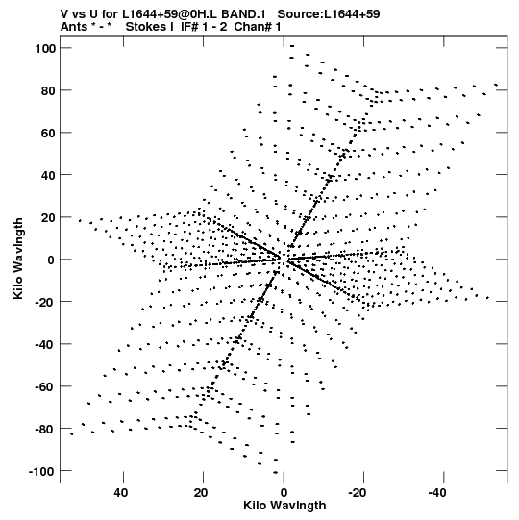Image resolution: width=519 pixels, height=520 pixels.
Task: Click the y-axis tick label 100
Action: coord(45,48)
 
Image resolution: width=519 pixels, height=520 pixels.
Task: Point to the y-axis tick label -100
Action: coord(41,471)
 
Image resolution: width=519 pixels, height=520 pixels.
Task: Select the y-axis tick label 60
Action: coord(48,133)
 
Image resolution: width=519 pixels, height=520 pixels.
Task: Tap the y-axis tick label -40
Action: coord(45,344)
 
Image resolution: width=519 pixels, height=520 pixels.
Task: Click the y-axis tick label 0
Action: coord(51,260)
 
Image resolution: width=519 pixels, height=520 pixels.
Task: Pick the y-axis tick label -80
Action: coord(45,429)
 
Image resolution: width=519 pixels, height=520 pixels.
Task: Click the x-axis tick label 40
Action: coord(121,493)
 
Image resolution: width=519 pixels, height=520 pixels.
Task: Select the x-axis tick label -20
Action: coord(358,493)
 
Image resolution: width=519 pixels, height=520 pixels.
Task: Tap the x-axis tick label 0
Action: coord(284,493)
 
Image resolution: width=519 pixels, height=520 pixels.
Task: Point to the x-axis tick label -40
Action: coord(437,493)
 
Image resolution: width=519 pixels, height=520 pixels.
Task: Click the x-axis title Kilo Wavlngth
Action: coord(284,506)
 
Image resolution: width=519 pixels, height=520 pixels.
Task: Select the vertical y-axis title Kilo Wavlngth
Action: coord(18,259)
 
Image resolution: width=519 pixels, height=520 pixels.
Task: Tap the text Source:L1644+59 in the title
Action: coord(329,14)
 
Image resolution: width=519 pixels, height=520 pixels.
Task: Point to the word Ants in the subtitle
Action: coord(74,27)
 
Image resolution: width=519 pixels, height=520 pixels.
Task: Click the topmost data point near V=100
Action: coord(292,46)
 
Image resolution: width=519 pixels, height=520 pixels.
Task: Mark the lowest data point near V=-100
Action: coord(275,472)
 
